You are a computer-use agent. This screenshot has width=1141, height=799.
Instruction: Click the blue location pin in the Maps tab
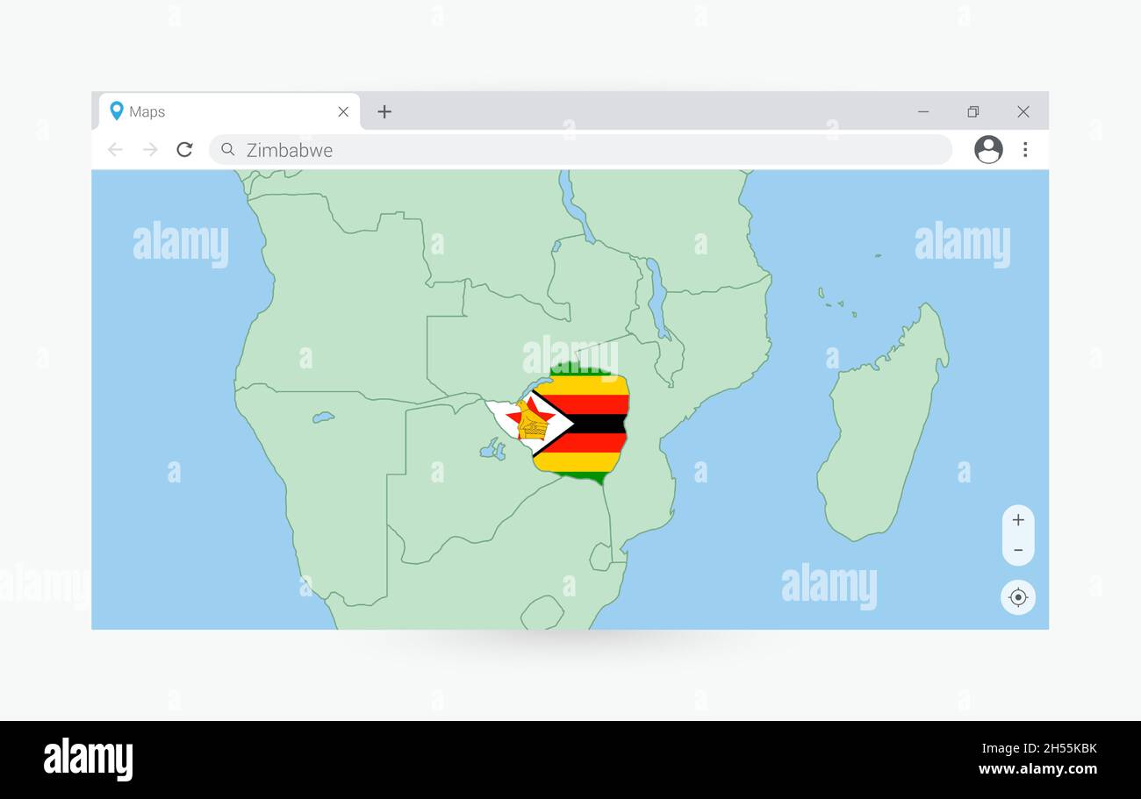click(x=116, y=111)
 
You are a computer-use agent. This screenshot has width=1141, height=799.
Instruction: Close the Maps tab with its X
click(x=343, y=111)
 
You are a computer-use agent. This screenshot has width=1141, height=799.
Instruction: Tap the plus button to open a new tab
click(x=384, y=111)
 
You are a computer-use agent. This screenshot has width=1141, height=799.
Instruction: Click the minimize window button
click(x=923, y=111)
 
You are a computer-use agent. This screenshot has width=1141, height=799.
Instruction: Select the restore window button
click(x=972, y=111)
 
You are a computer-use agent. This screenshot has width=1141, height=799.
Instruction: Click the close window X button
click(x=1023, y=111)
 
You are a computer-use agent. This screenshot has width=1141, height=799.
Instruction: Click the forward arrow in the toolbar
click(x=150, y=150)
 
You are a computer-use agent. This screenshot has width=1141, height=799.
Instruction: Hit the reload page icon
click(x=184, y=150)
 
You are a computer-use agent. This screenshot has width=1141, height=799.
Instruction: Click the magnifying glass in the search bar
click(x=228, y=149)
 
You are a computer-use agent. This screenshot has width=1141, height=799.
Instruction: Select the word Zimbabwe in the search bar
click(x=290, y=150)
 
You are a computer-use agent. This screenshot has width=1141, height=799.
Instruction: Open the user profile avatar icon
click(x=988, y=149)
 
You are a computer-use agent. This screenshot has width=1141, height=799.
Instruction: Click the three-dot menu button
click(x=1025, y=149)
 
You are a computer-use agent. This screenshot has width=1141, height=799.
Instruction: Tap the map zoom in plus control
click(x=1018, y=520)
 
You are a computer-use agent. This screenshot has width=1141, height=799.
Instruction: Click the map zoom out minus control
click(x=1018, y=550)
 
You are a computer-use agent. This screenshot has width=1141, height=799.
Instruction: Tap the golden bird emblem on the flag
click(x=532, y=424)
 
